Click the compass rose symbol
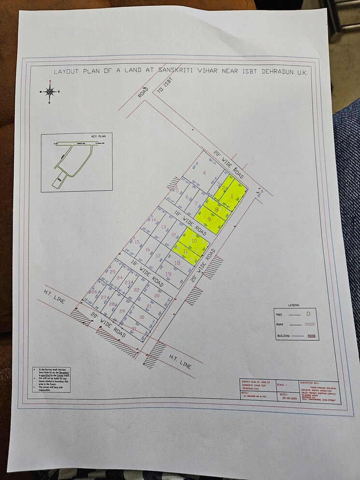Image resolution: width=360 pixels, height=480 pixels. pyautogui.click(x=49, y=91)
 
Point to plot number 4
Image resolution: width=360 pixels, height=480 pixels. pyautogui.click(x=204, y=173)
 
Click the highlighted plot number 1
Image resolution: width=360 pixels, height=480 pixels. pyautogui.click(x=232, y=196)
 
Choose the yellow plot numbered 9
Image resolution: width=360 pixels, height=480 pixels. pyautogui.click(x=209, y=219)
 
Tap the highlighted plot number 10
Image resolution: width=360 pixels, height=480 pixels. pyautogui.click(x=194, y=240)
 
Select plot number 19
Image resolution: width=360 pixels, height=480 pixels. pyautogui.click(x=168, y=274)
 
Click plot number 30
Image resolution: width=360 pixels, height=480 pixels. pyautogui.click(x=142, y=317)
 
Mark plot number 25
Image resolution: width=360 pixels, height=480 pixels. pyautogui.click(x=113, y=272)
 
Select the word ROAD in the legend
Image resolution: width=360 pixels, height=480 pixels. pyautogui.click(x=280, y=325)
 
